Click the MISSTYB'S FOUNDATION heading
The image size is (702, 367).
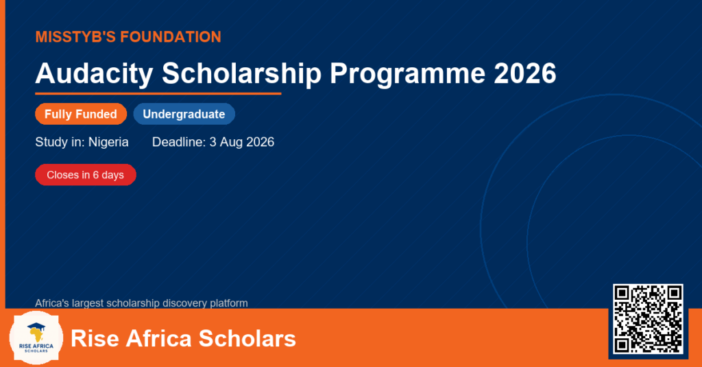[128, 37]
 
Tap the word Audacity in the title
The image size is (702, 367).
[94, 73]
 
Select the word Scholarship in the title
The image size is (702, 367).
[242, 73]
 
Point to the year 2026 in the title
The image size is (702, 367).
[525, 73]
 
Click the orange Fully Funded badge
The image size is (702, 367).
[81, 114]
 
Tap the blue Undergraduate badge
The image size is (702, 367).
[184, 114]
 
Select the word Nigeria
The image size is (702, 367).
[108, 142]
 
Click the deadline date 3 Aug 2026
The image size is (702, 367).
[242, 142]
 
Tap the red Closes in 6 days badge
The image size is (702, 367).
[86, 175]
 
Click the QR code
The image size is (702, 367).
[648, 319]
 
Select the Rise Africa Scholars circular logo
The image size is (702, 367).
[36, 338]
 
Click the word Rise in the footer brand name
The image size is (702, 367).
[95, 338]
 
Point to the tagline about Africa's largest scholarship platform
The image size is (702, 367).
[141, 303]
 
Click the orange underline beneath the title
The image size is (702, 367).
[158, 94]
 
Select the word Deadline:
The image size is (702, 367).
[179, 142]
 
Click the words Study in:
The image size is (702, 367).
[60, 142]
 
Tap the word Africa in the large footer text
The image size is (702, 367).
[158, 338]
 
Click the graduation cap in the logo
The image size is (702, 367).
[36, 327]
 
